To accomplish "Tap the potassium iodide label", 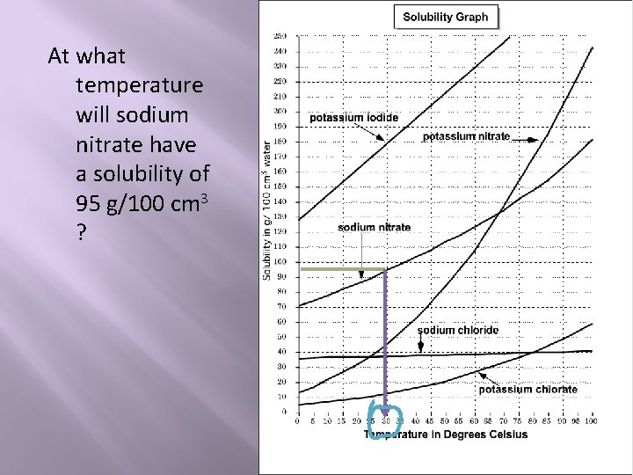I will [x=353, y=118].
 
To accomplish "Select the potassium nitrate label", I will [x=466, y=136].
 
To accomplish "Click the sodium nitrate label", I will [x=374, y=227].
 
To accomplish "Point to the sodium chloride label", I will [x=457, y=330].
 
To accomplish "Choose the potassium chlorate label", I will [x=527, y=389].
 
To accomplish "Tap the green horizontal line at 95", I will [x=344, y=268].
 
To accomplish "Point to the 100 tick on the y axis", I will [x=281, y=261].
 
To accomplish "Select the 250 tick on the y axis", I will [x=281, y=36].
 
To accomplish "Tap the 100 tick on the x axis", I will [x=591, y=421].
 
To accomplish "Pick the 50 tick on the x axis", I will [x=446, y=421].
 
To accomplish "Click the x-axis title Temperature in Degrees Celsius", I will [x=446, y=434].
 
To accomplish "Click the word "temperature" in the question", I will [x=140, y=85].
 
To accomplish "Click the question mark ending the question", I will [x=81, y=234].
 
